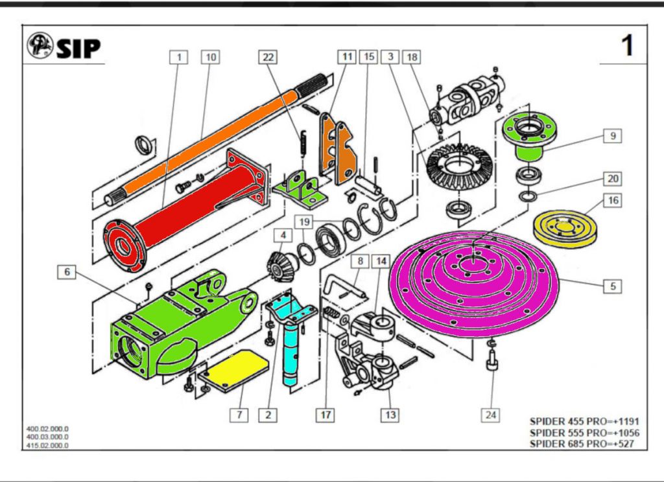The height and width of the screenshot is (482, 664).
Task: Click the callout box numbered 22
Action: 268,57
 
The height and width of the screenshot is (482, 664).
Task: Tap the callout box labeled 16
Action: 613,200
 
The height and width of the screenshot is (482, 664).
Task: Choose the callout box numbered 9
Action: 612,136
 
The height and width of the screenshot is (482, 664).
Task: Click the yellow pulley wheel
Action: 564,226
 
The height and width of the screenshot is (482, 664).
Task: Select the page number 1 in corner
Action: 627,46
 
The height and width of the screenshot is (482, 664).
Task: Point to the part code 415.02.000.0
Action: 47,445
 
